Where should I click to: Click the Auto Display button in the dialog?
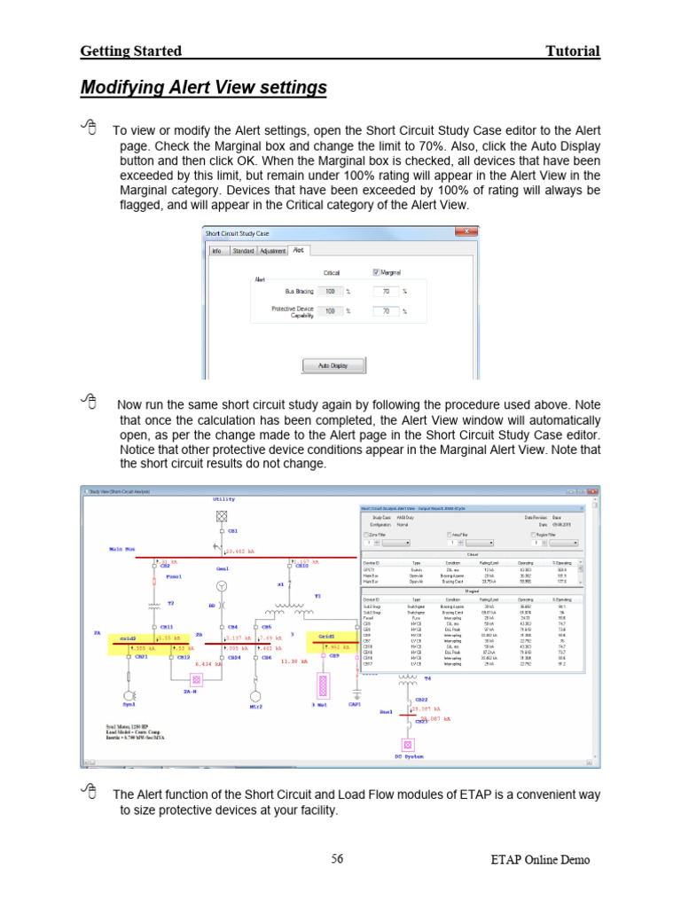click(325, 365)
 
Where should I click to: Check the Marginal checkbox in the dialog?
click(376, 272)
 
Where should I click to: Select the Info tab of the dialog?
click(216, 251)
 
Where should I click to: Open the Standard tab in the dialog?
click(243, 251)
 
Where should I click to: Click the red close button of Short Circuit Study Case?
click(467, 234)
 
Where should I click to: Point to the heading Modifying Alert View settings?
click(203, 88)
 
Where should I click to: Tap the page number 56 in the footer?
click(337, 858)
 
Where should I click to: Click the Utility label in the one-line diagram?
click(223, 499)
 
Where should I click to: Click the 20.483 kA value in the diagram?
click(241, 552)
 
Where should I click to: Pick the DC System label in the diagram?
click(411, 755)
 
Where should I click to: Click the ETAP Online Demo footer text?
click(539, 859)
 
